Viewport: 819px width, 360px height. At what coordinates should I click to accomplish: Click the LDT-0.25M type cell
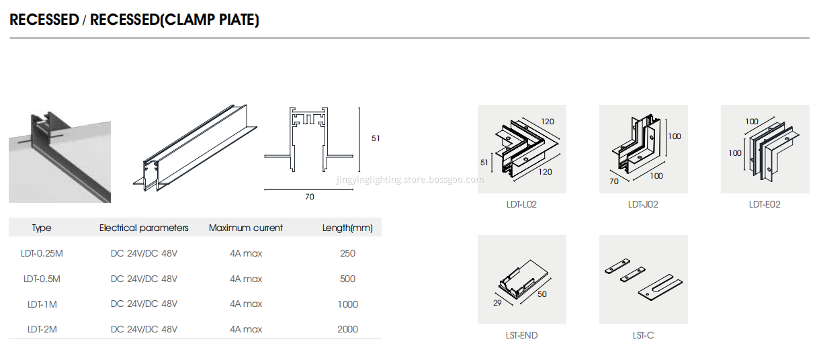[42, 253]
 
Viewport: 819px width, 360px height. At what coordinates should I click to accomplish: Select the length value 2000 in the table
[347, 329]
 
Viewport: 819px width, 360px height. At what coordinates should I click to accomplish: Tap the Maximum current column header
[246, 228]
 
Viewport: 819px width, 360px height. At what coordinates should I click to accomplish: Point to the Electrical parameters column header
[144, 228]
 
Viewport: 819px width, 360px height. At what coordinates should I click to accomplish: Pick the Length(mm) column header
[347, 228]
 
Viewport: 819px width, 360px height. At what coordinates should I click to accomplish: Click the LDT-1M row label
[42, 304]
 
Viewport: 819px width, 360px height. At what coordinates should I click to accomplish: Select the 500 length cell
[347, 279]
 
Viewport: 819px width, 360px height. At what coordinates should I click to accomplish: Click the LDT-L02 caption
[521, 204]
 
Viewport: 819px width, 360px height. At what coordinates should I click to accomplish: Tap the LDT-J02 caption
[643, 204]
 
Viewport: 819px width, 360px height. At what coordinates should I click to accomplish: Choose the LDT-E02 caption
[765, 204]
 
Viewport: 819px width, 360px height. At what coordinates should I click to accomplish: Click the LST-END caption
[521, 335]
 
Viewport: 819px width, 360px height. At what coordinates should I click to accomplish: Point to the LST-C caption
[643, 335]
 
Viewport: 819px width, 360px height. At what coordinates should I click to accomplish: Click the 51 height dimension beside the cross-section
[376, 138]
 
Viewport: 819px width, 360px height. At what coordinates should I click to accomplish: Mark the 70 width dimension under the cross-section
[309, 197]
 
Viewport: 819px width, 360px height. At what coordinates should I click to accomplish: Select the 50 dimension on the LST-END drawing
[542, 294]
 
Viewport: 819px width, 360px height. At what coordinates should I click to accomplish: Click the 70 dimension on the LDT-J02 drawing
[613, 181]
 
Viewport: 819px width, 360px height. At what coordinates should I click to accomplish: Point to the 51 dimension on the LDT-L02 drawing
[485, 162]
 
